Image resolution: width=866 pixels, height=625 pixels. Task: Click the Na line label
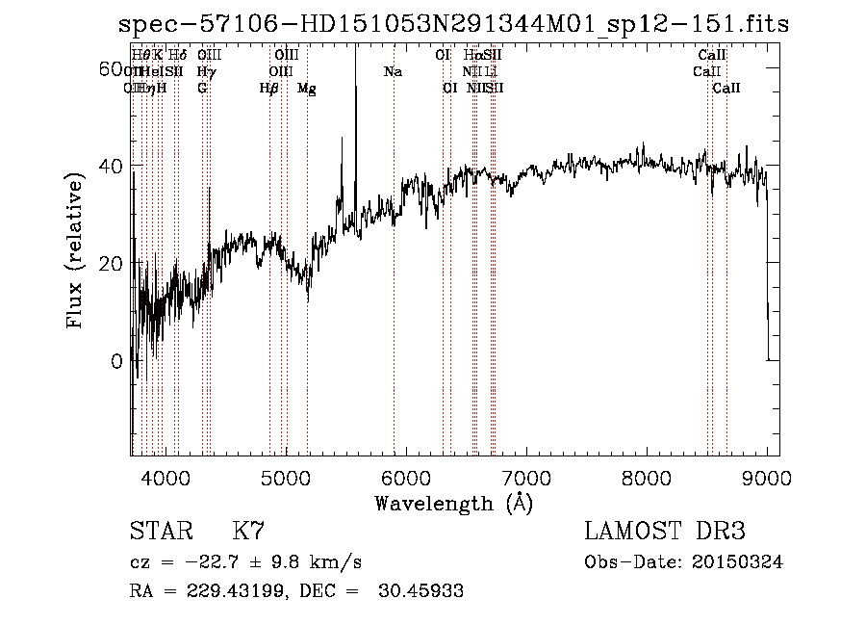393,71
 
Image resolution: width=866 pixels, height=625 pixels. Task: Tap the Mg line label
307,88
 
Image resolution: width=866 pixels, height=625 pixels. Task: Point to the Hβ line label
269,88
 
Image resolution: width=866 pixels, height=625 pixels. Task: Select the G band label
202,88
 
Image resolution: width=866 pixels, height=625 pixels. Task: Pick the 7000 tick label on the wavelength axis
526,477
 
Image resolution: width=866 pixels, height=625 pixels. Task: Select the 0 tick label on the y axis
117,361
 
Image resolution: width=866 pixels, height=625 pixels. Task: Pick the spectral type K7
248,531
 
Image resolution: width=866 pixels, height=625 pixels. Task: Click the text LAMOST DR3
664,531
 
